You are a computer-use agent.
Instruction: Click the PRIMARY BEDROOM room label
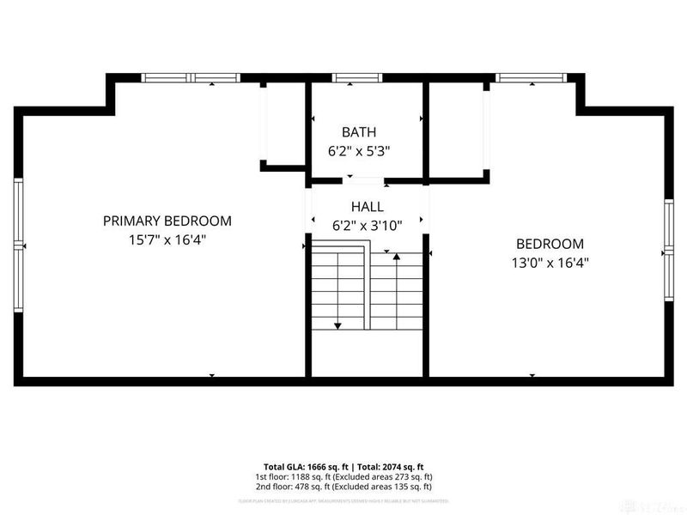[167, 221]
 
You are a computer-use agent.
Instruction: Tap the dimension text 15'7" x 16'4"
[167, 240]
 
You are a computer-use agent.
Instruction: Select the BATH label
[359, 132]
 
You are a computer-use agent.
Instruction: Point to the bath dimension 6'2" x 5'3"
[359, 151]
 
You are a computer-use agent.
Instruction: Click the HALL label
[367, 207]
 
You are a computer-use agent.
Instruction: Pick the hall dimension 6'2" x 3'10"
[367, 226]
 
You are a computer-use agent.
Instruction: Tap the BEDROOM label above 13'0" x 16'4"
[550, 244]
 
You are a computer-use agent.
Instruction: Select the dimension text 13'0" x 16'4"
[550, 264]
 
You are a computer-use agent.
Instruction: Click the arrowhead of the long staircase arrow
[337, 325]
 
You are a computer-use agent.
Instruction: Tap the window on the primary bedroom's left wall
[17, 245]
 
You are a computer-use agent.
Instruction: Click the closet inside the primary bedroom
[284, 124]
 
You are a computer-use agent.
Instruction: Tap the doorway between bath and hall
[366, 181]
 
